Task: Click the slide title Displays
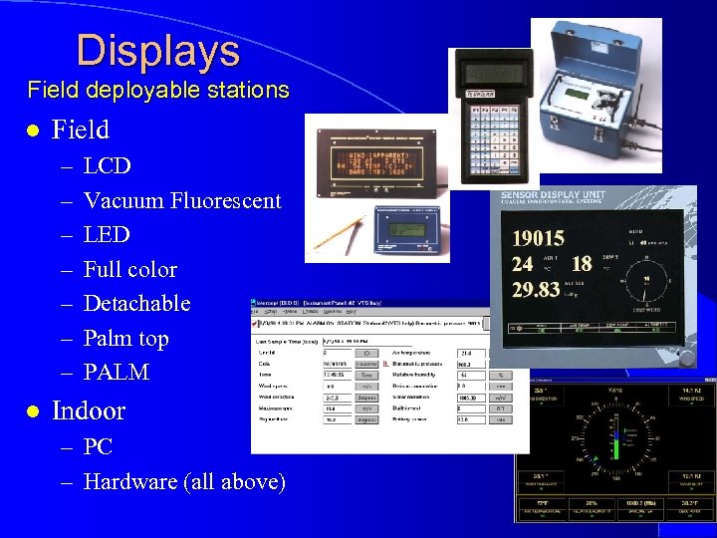pos(157,51)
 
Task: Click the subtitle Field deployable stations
pos(158,90)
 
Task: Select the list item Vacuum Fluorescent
pos(182,200)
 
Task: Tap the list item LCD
pos(108,165)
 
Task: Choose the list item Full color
pos(130,269)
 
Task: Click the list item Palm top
pos(126,338)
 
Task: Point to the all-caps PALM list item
pos(117,373)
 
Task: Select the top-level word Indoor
pos(89,410)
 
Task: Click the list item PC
pos(99,447)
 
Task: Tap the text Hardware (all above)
pos(184,482)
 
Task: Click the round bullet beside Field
pos(33,131)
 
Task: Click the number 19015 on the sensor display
pos(538,238)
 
